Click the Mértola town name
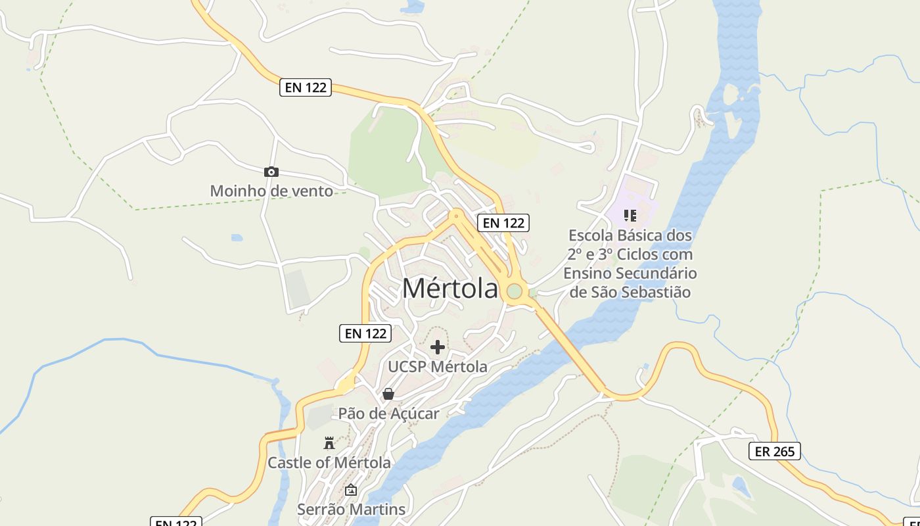click(x=450, y=289)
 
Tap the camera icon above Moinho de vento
click(x=271, y=172)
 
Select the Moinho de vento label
click(x=271, y=191)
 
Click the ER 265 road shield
click(x=775, y=451)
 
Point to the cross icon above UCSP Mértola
click(x=438, y=347)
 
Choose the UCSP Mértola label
click(x=438, y=367)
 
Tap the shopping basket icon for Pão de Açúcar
click(x=388, y=394)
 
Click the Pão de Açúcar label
click(x=388, y=414)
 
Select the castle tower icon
click(x=329, y=443)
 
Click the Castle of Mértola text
click(x=329, y=463)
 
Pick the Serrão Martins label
click(x=351, y=510)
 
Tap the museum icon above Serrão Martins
click(x=351, y=490)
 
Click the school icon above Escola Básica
click(x=630, y=216)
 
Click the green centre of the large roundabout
click(x=515, y=291)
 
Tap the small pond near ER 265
click(x=741, y=487)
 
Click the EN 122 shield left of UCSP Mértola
click(x=365, y=333)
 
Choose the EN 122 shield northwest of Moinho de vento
click(x=306, y=87)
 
